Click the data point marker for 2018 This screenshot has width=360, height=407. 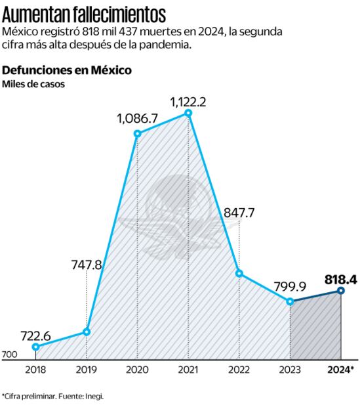click(35, 347)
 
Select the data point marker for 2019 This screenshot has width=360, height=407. click(87, 332)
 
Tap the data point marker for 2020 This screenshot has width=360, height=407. click(137, 133)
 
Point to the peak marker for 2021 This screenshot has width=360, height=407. click(188, 113)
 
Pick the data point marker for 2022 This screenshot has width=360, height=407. click(239, 273)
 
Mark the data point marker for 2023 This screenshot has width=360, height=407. click(290, 301)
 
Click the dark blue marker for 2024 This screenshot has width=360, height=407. click(341, 290)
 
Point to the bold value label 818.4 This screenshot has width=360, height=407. click(340, 279)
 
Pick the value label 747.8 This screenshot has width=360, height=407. click(87, 265)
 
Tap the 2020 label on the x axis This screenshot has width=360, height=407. click(137, 369)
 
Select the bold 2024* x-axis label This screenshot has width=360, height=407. click(341, 369)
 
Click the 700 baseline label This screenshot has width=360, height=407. click(9, 355)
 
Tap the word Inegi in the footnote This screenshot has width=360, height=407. click(94, 396)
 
